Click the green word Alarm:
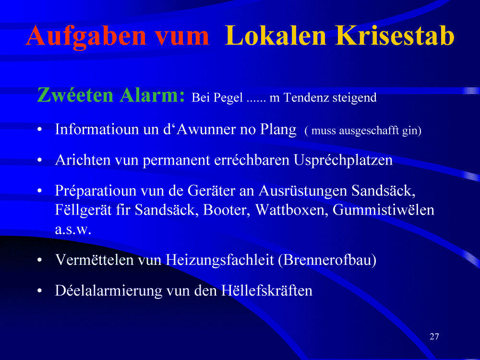coord(152,95)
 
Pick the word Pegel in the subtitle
coord(228,98)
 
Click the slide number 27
coord(434,337)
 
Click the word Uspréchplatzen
coord(343,160)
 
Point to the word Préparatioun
coord(96,191)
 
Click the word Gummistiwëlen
coord(383,210)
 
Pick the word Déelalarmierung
coord(108,290)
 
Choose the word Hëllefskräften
coord(266,290)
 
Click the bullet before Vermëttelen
coord(39,261)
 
